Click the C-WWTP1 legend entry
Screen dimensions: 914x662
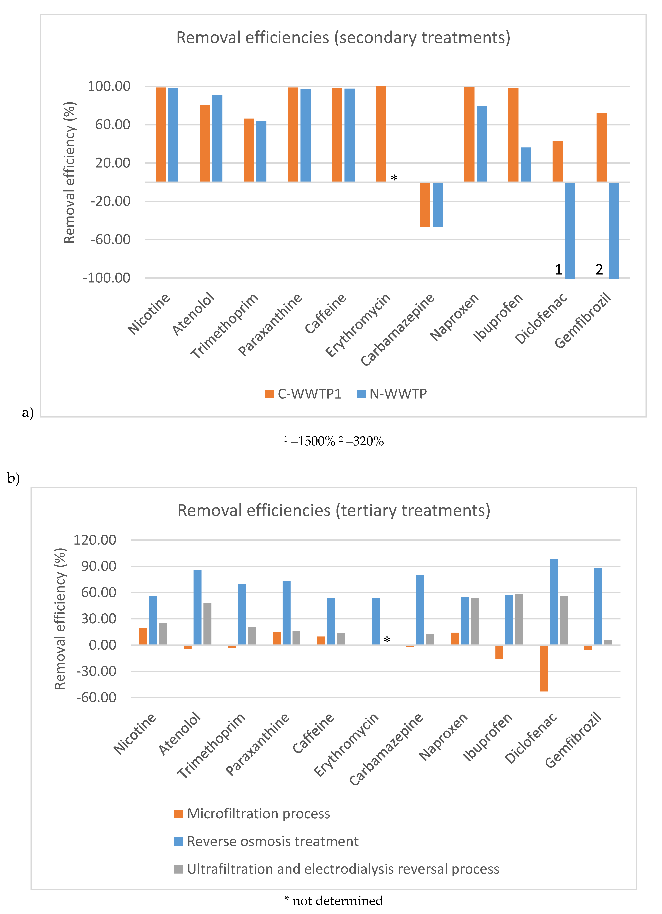303,394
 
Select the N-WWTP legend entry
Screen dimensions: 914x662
392,394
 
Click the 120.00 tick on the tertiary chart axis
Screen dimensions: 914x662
95,540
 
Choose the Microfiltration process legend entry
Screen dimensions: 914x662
252,814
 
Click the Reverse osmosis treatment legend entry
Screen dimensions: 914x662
266,841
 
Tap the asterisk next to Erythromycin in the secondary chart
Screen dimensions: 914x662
394,178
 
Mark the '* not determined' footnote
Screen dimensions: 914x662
334,900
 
